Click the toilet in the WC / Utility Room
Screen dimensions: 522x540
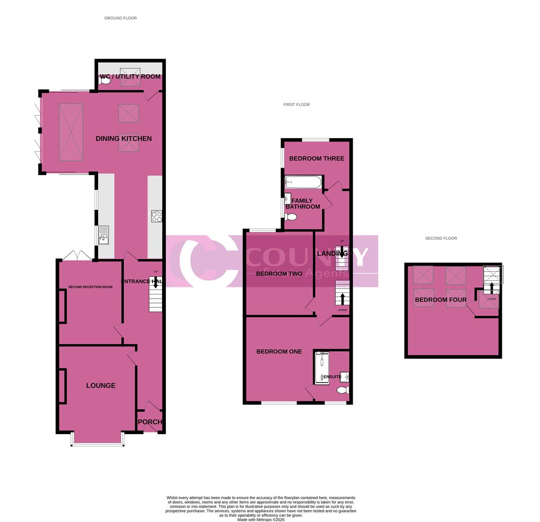(x=105, y=81)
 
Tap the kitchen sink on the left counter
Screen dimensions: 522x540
(x=104, y=235)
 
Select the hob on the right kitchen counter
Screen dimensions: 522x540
(x=156, y=216)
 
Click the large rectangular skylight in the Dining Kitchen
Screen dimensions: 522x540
(x=71, y=132)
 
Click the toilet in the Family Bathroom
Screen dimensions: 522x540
(x=290, y=217)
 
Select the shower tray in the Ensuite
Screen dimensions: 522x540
(x=322, y=368)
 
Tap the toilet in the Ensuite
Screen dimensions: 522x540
(x=343, y=390)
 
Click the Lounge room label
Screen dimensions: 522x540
(x=101, y=385)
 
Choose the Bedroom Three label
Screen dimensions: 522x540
(x=316, y=158)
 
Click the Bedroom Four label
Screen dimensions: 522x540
(x=440, y=300)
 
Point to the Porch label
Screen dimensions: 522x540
(x=150, y=421)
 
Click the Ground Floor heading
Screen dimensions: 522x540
(x=120, y=18)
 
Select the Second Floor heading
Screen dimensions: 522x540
(x=441, y=238)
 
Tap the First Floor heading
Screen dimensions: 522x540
(x=297, y=104)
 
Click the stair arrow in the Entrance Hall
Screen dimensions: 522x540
(x=155, y=282)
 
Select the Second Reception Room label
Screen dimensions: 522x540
(x=90, y=287)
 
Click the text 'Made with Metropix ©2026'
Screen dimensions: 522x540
(x=261, y=520)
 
